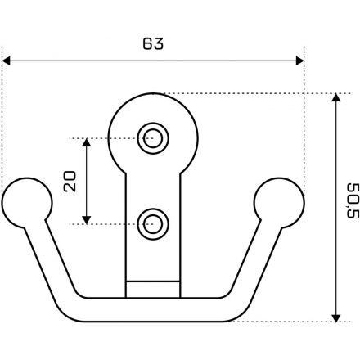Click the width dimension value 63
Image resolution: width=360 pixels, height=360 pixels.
(153, 43)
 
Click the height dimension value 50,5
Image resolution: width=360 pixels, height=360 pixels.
(353, 200)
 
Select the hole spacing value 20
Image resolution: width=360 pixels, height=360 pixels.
(70, 182)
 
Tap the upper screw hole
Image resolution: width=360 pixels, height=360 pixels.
(153, 138)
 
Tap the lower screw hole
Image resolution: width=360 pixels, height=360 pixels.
(153, 224)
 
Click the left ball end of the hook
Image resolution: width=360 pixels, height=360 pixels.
(27, 203)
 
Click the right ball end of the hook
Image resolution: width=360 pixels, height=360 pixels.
(279, 203)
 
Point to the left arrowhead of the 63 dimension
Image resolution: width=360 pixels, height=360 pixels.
(6, 61)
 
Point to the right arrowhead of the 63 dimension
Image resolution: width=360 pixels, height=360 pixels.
(299, 61)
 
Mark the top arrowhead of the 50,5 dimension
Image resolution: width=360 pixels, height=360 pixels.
(336, 97)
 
